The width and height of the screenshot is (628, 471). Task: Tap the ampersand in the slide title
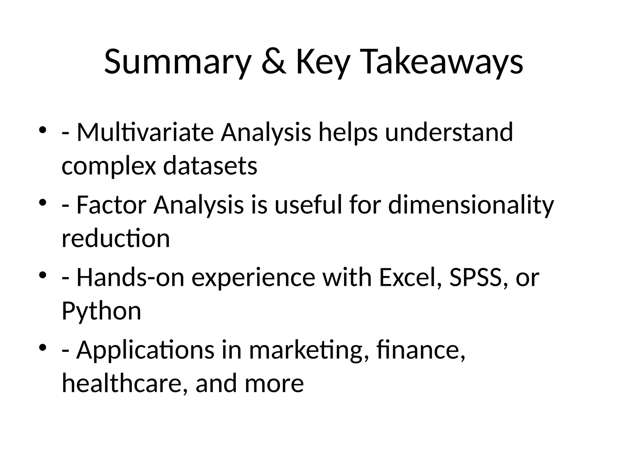click(x=274, y=62)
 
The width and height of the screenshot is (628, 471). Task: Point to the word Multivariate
click(x=145, y=132)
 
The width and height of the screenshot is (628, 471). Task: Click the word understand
click(x=449, y=132)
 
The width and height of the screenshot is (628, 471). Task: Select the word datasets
click(x=210, y=166)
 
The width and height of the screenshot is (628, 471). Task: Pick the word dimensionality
click(x=471, y=205)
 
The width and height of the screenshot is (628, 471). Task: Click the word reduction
click(x=116, y=238)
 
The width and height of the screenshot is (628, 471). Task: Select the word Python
click(x=101, y=311)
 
